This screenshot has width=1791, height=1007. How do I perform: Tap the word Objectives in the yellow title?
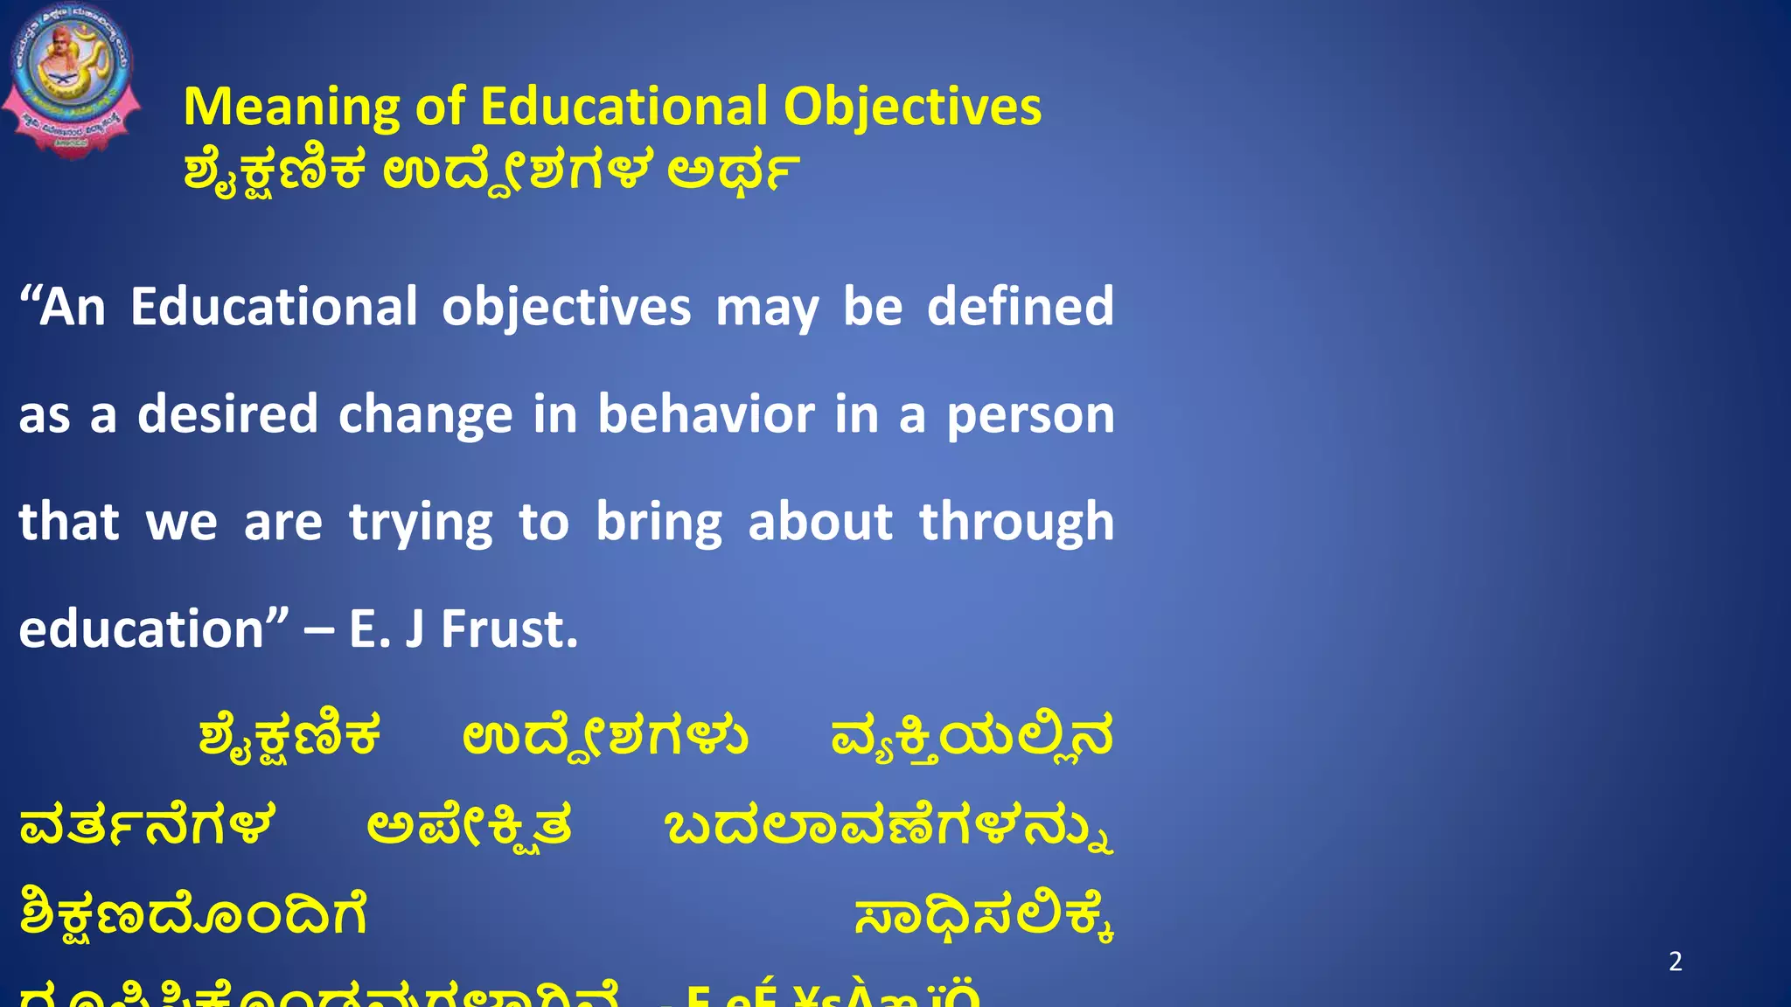[x=912, y=108]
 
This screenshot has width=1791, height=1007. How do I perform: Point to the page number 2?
[x=1675, y=962]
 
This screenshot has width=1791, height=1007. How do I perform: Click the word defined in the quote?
[x=1020, y=307]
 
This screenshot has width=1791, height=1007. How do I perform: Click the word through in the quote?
[x=1016, y=523]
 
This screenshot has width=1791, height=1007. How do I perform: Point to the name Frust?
[x=509, y=629]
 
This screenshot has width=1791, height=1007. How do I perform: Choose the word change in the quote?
[x=425, y=416]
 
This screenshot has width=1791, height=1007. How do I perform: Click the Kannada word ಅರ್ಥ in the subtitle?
[x=733, y=170]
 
